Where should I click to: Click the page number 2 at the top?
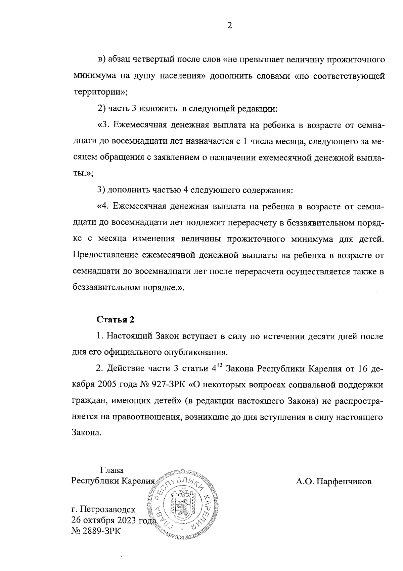[x=229, y=26]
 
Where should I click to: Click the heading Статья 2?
[x=116, y=320]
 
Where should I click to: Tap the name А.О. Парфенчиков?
[x=333, y=481]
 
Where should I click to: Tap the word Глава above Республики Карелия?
[x=111, y=470]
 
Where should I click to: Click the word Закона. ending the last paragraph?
[x=86, y=433]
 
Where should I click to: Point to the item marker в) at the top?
[x=102, y=60]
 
